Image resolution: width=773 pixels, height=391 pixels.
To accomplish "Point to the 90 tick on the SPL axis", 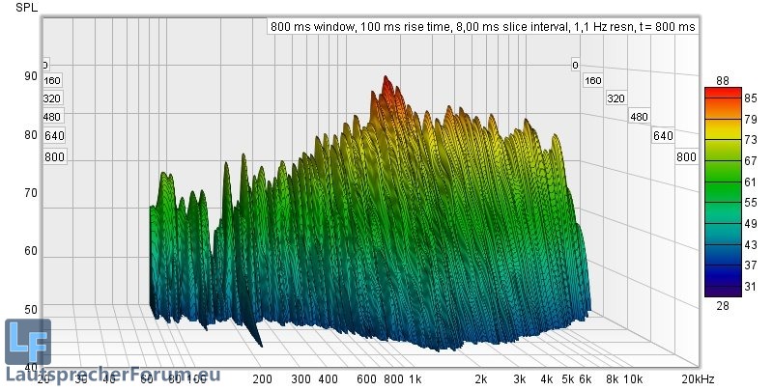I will click(x=32, y=76).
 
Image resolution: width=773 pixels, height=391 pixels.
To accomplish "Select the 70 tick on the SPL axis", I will click(x=32, y=193).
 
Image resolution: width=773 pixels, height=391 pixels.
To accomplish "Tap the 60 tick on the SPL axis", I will click(x=32, y=251).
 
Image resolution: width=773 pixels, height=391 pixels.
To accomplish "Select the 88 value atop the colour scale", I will click(x=722, y=79).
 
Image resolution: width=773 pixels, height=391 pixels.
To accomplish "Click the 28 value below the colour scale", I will click(x=722, y=305).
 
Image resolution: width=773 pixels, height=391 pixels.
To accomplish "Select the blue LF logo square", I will click(x=27, y=342).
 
